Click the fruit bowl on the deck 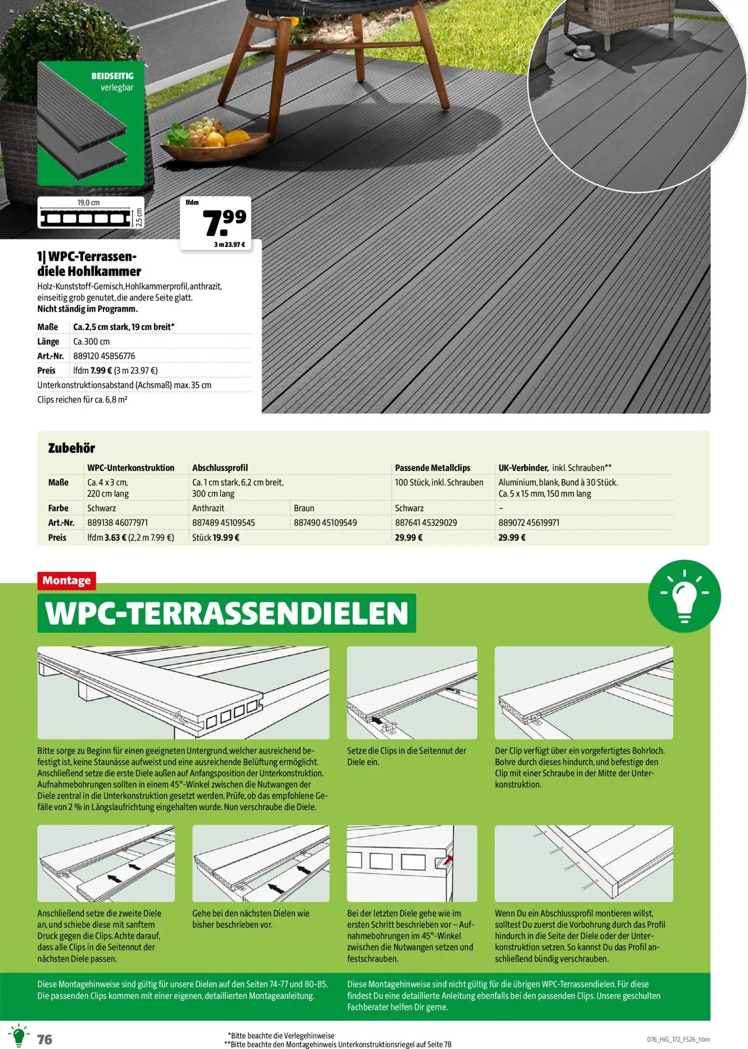(214, 141)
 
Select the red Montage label (67, 580)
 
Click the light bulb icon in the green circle (684, 596)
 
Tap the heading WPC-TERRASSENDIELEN (227, 613)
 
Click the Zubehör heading (71, 448)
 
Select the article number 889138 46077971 (118, 522)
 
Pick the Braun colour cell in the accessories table (304, 508)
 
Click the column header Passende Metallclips (432, 468)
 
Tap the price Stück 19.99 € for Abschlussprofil (216, 537)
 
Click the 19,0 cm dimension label (88, 203)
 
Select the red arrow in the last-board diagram (449, 858)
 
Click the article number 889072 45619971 (529, 522)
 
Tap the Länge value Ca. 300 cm (92, 341)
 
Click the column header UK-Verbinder (523, 468)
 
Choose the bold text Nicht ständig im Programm (87, 309)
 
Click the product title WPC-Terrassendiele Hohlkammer (89, 264)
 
